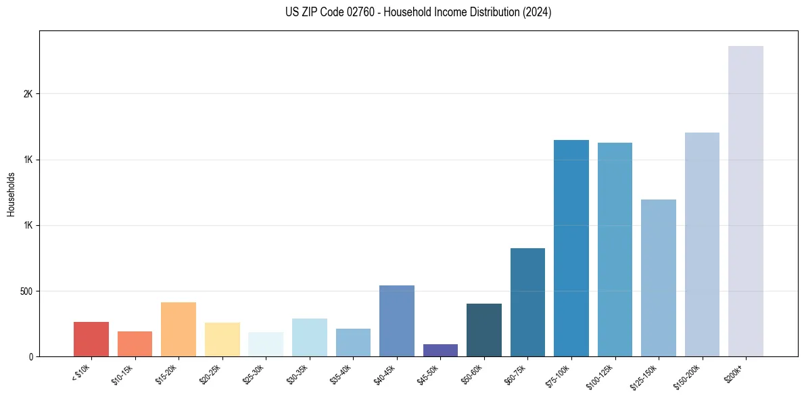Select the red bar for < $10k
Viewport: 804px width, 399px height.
91,339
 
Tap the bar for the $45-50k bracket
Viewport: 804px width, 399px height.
440,350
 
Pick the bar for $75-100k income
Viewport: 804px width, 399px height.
571,248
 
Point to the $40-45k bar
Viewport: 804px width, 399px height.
396,321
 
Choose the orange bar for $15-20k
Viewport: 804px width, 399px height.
179,329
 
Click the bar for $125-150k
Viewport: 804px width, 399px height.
658,278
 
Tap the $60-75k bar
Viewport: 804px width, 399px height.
527,302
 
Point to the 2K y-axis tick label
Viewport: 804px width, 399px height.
28,94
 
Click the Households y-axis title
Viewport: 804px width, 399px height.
11,194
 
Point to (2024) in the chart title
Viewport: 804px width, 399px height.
538,12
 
